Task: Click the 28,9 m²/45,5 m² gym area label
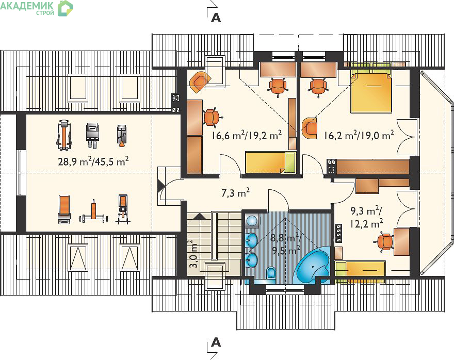[x=93, y=161]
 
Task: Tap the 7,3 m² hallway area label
[x=235, y=193]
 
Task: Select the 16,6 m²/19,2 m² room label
[x=247, y=135]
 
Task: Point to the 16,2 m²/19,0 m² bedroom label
[x=359, y=135]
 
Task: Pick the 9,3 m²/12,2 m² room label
[x=367, y=218]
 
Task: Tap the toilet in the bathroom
[x=271, y=272]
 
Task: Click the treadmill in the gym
[x=64, y=135]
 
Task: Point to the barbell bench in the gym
[x=93, y=211]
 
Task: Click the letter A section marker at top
[x=216, y=18]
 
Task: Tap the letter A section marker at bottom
[x=216, y=342]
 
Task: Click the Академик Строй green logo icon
[x=66, y=8]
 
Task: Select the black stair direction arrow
[x=199, y=216]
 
